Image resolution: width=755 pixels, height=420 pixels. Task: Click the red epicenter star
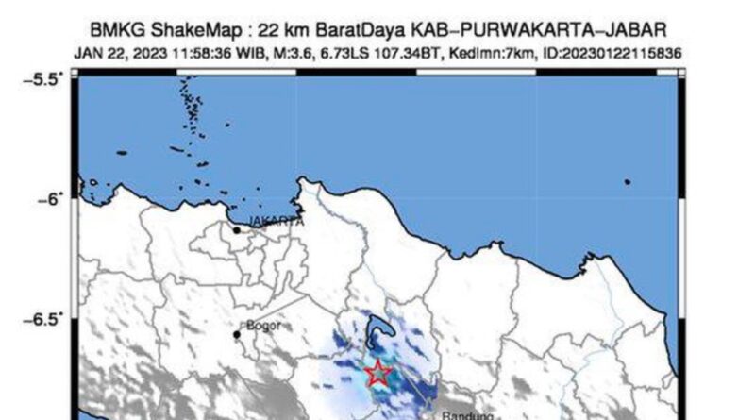point(377,373)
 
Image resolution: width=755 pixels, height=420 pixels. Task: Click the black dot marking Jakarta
point(236,229)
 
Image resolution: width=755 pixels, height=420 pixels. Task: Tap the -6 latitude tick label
point(51,198)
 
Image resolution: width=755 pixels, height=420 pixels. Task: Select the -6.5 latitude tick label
point(46,319)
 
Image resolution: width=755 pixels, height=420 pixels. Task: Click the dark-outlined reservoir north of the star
point(379,330)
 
